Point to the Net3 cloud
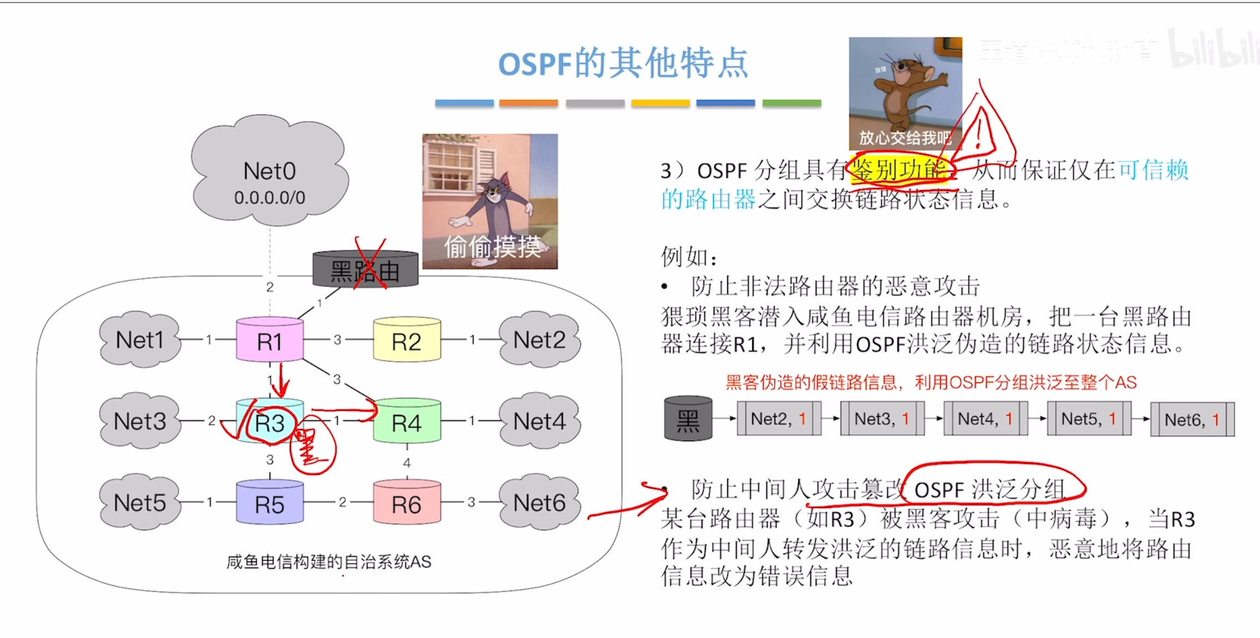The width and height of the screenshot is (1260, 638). click(x=140, y=421)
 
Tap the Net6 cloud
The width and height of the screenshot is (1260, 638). click(x=539, y=502)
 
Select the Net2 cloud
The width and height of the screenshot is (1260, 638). click(x=539, y=340)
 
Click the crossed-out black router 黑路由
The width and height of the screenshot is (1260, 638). click(x=365, y=270)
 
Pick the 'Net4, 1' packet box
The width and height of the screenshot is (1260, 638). click(x=985, y=419)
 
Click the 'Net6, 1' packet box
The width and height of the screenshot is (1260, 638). click(x=1192, y=420)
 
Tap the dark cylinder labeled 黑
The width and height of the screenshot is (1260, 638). click(x=688, y=419)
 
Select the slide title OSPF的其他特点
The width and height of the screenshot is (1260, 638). click(x=623, y=63)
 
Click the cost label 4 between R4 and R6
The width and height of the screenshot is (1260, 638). click(x=407, y=463)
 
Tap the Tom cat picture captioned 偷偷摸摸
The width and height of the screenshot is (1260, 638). click(x=490, y=201)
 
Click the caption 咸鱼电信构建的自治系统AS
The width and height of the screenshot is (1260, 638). click(x=328, y=562)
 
